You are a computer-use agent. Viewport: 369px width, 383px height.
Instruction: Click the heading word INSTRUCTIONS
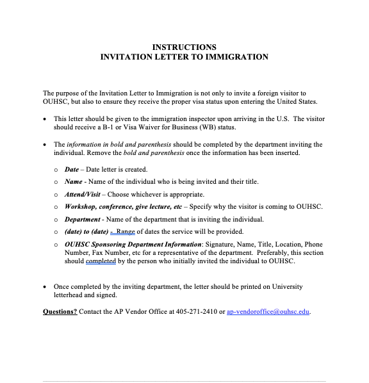[x=184, y=47]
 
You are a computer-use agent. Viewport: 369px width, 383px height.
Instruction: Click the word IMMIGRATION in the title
[x=236, y=57]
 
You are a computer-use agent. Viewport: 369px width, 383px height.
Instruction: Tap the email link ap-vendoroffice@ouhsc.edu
[x=268, y=311]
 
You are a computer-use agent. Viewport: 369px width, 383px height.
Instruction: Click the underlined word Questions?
[x=60, y=311]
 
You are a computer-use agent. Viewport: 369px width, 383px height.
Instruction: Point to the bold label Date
[x=72, y=170]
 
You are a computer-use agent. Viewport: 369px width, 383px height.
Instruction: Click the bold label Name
[x=74, y=182]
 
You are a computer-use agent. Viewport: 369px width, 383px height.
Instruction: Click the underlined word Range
[x=125, y=231]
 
